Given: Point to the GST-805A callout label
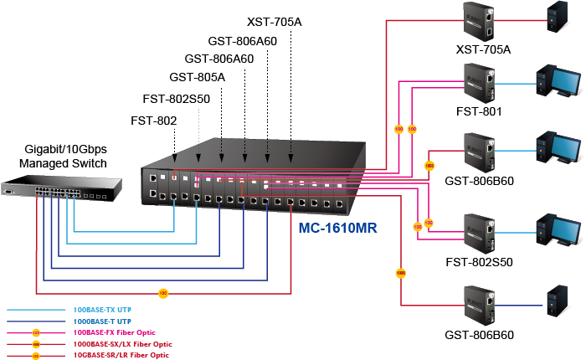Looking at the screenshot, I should point(198,78).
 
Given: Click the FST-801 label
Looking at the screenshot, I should point(480,111).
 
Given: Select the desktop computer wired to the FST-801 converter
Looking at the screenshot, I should point(558,82).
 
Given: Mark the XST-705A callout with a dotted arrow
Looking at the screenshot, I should point(275,20).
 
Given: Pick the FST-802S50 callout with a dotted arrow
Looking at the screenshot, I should point(176,99).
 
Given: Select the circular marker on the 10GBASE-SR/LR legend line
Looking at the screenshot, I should point(35,355).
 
